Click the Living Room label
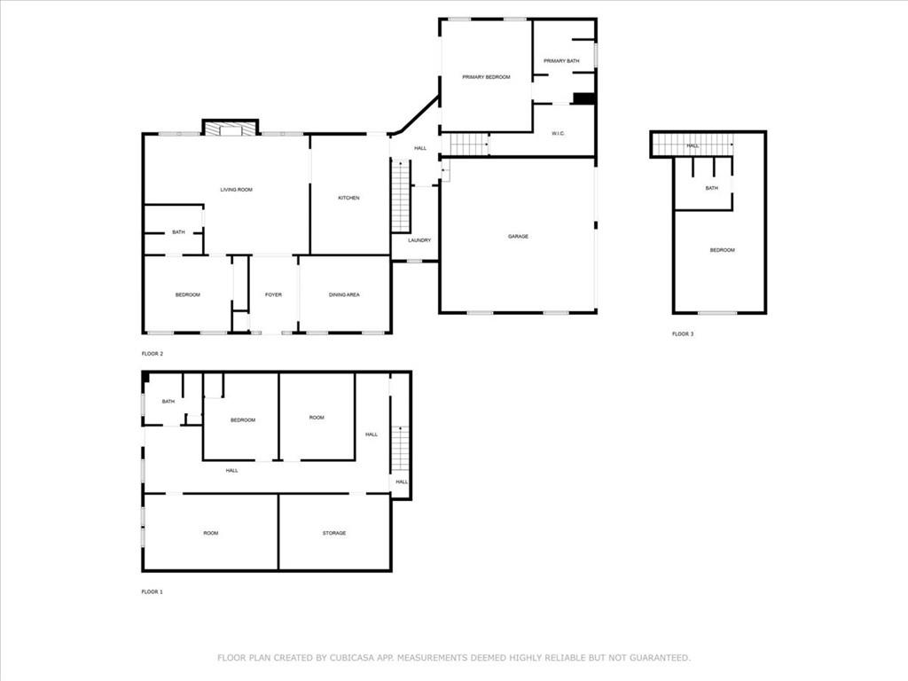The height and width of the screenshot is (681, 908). (236, 190)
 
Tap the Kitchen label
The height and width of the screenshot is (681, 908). (348, 198)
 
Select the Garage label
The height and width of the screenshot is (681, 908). (518, 236)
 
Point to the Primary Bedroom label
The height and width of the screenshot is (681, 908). (486, 77)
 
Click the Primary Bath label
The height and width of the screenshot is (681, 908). (561, 61)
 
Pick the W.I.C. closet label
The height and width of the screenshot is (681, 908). (558, 134)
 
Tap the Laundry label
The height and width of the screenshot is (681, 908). (419, 240)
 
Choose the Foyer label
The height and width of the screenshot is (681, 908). (273, 294)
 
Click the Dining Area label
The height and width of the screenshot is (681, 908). (344, 294)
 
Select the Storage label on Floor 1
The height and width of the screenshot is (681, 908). (334, 533)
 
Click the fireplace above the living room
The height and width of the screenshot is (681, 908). (230, 128)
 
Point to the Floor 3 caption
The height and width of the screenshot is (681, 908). (683, 334)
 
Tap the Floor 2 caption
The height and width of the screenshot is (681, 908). (153, 353)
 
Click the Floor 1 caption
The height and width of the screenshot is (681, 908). (153, 591)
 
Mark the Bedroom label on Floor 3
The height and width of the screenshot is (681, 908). (722, 250)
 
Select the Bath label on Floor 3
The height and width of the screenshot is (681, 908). (712, 188)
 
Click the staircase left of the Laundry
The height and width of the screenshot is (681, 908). (400, 196)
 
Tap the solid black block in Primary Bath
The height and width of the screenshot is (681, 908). (584, 98)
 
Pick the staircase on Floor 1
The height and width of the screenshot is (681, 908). (400, 448)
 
